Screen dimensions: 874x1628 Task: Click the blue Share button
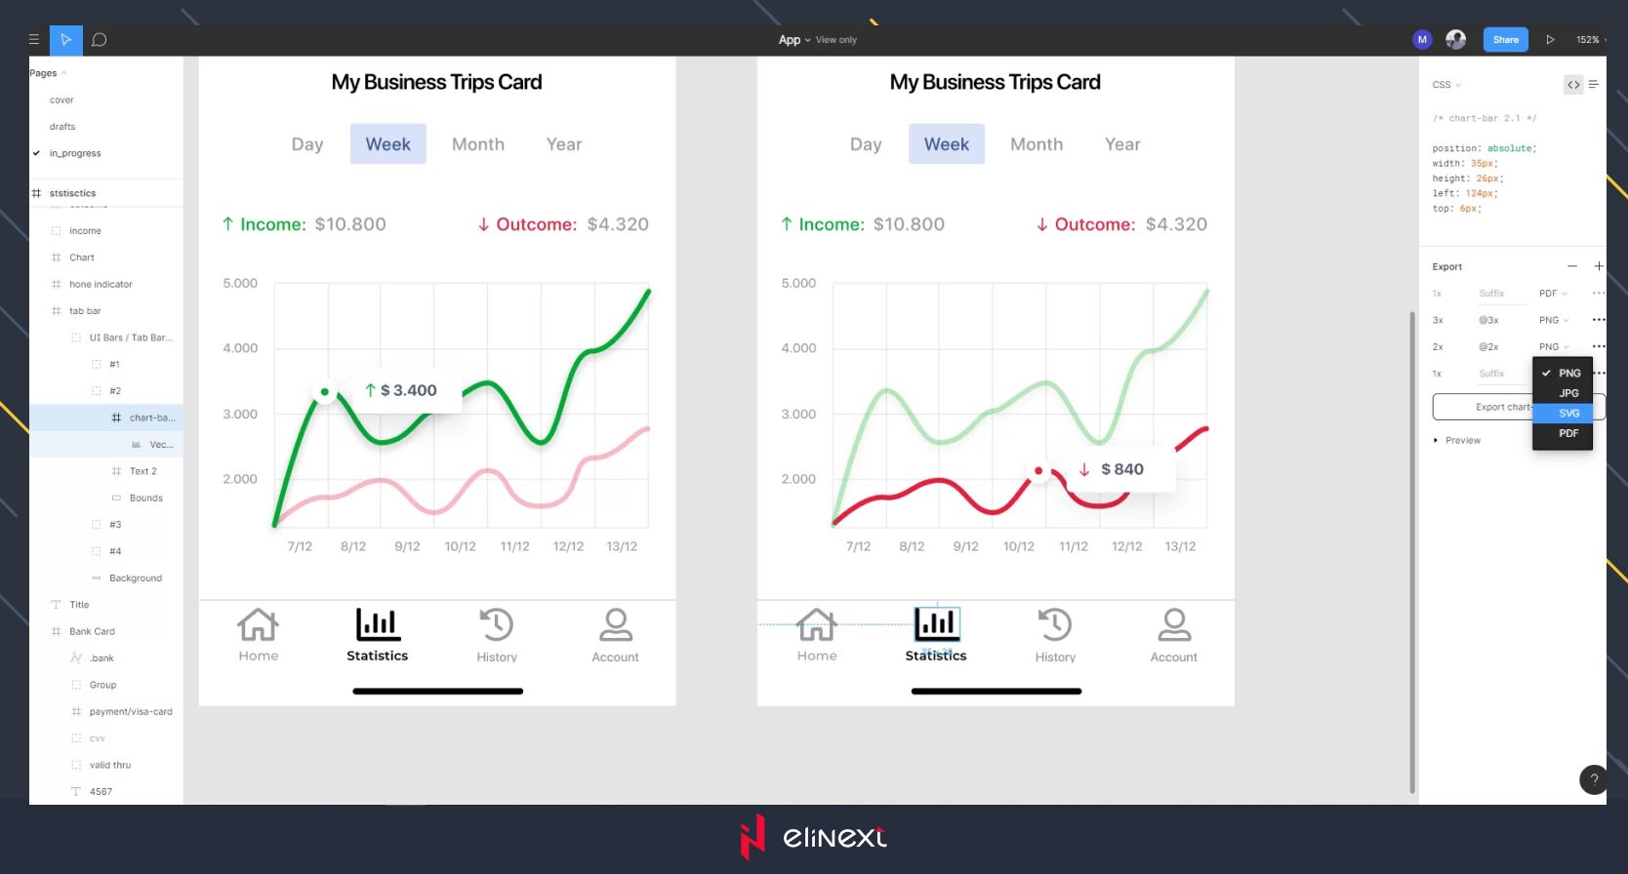coord(1505,40)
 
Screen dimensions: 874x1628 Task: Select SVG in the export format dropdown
coord(1567,414)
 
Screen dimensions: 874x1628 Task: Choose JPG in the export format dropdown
coord(1567,393)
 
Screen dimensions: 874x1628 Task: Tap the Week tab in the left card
coord(387,144)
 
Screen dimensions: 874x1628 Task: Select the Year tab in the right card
coord(1121,144)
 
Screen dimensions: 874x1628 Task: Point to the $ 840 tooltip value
coord(1121,469)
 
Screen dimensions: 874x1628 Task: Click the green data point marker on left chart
coord(325,392)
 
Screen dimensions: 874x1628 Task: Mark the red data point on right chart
coord(1038,471)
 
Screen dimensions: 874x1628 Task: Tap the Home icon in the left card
coord(258,625)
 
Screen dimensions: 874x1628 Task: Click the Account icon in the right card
coord(1173,625)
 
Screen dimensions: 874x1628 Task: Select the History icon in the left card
coord(496,625)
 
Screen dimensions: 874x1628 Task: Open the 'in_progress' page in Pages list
coord(75,153)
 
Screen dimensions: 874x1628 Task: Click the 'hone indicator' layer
coord(101,285)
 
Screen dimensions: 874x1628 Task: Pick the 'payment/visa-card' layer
coord(131,712)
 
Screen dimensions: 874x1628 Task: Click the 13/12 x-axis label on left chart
coord(622,547)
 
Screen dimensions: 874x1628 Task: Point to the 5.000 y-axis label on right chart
coord(798,284)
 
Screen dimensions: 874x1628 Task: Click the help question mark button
coord(1593,779)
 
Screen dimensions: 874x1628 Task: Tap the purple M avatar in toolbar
coord(1421,40)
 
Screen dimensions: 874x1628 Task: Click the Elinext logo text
coord(834,838)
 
